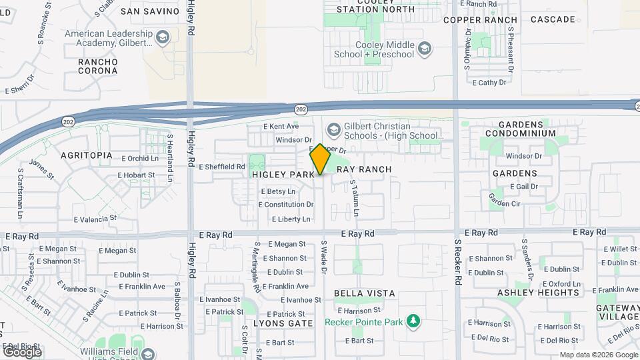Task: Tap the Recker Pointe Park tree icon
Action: (414, 322)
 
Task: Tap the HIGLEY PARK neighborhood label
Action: (283, 174)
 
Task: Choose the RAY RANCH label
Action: (363, 169)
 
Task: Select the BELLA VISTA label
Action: (364, 293)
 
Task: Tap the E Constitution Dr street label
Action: (287, 205)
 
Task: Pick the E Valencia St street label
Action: (95, 218)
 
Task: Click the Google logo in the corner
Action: (22, 351)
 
